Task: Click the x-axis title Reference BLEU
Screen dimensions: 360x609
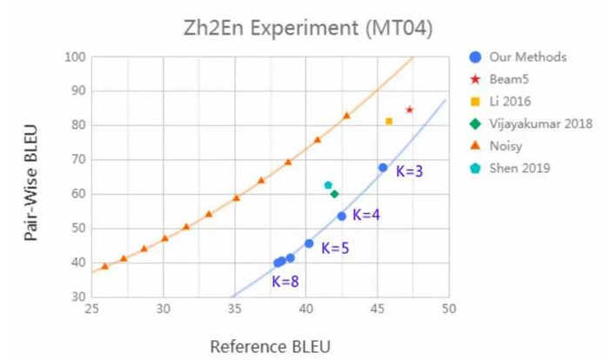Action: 270,346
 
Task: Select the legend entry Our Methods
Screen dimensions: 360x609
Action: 527,57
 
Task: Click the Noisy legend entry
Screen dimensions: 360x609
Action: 507,145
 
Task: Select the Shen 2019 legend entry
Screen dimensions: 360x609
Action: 519,167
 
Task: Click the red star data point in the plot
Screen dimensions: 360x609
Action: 409,110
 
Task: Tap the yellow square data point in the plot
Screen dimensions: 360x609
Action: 389,121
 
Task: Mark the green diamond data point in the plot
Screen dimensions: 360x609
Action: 334,194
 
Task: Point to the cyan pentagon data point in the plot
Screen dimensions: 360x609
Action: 328,185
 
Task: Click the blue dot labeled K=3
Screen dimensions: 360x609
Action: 383,168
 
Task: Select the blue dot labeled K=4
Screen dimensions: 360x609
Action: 342,216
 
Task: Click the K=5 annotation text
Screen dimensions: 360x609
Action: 335,248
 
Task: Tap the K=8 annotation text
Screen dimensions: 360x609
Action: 285,281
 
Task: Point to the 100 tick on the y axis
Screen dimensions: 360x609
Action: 76,57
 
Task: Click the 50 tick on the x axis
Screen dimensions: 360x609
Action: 449,309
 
